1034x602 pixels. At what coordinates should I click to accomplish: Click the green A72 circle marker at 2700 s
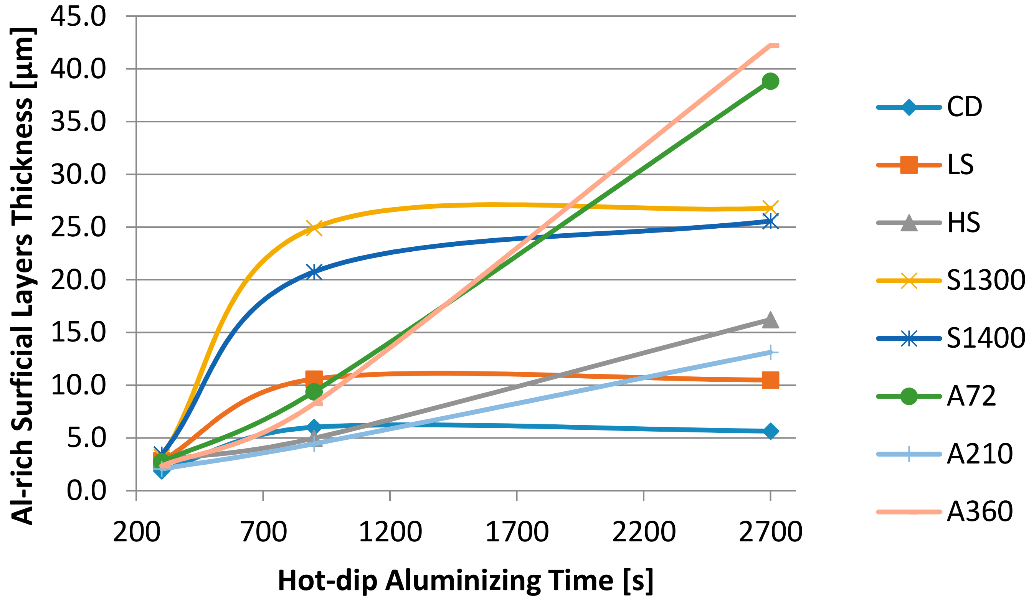pos(770,81)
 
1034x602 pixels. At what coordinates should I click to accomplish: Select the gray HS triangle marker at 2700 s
pos(770,320)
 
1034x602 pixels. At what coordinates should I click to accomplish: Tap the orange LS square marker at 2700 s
pos(770,380)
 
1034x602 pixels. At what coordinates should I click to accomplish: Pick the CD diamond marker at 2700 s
pos(770,431)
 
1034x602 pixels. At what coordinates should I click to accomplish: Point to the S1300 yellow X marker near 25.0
pos(314,228)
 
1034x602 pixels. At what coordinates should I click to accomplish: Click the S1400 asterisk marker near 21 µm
pos(314,272)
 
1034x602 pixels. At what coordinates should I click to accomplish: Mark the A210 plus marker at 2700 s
pos(771,352)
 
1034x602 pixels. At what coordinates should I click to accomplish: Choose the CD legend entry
pos(964,107)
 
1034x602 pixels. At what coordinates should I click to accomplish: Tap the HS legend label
pos(963,223)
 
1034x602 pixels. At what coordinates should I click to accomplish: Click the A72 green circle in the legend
pos(909,396)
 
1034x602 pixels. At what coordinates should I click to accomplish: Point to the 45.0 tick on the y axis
pos(78,17)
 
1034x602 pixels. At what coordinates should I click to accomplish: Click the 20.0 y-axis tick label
pos(78,280)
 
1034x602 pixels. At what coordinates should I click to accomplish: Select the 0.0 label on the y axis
pos(86,490)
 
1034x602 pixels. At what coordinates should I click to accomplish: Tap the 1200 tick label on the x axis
pos(390,532)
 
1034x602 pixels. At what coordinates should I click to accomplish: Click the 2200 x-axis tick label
pos(644,532)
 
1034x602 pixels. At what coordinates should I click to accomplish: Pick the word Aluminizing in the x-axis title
pos(465,580)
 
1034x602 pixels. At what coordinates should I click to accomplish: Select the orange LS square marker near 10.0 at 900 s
pos(314,378)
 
